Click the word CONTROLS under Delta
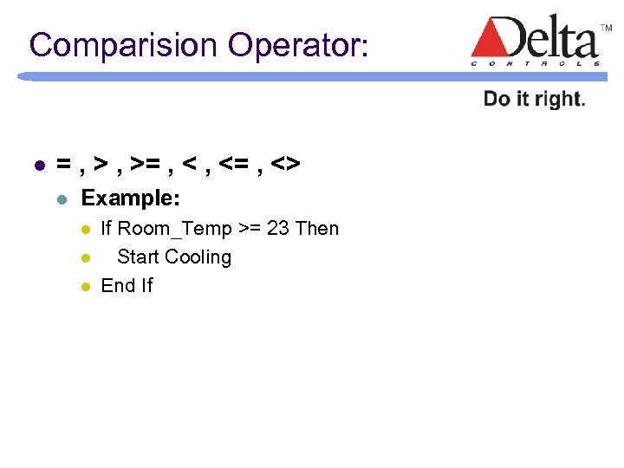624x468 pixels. (x=535, y=63)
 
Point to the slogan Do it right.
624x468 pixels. (x=534, y=99)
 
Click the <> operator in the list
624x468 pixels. (x=285, y=163)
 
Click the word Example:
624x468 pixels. (x=130, y=198)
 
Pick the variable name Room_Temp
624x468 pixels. (x=174, y=229)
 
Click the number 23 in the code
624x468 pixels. (x=277, y=229)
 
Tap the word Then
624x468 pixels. (x=317, y=229)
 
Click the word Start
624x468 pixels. (x=138, y=257)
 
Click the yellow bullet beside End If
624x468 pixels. (x=85, y=286)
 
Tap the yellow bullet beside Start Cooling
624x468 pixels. (x=85, y=258)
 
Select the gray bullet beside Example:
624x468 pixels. (x=61, y=199)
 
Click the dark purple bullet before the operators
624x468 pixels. (x=36, y=164)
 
